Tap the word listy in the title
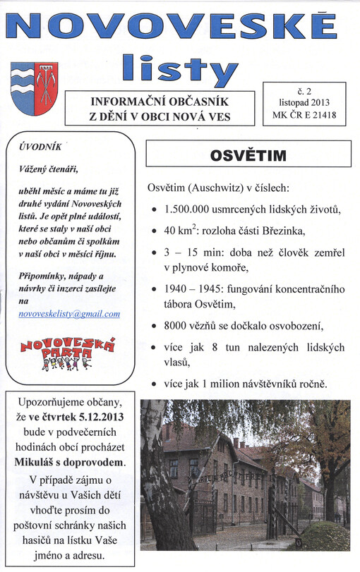point(179,68)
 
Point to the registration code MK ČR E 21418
point(305,115)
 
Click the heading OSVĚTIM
point(248,154)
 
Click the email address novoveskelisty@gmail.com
point(69,313)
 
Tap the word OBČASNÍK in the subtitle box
point(198,101)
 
